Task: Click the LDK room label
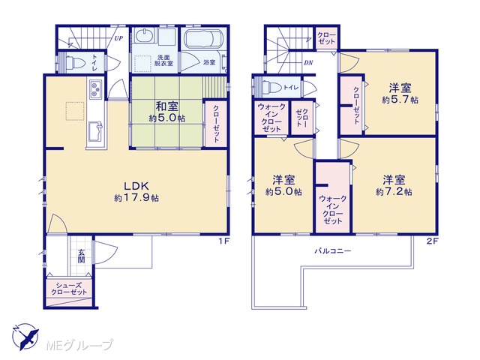(136, 186)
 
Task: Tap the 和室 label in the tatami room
(166, 106)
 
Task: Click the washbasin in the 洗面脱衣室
(143, 36)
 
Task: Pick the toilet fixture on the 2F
(271, 87)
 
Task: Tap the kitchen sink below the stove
(95, 132)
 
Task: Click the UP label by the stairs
(118, 38)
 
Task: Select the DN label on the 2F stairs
(308, 63)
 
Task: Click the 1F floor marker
(224, 241)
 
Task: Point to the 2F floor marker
(433, 241)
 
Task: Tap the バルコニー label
(333, 251)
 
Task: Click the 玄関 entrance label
(81, 256)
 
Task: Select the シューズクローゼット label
(69, 289)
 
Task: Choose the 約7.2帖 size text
(394, 192)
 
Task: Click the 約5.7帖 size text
(400, 100)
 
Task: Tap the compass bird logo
(26, 337)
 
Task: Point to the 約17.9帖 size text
(136, 198)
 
